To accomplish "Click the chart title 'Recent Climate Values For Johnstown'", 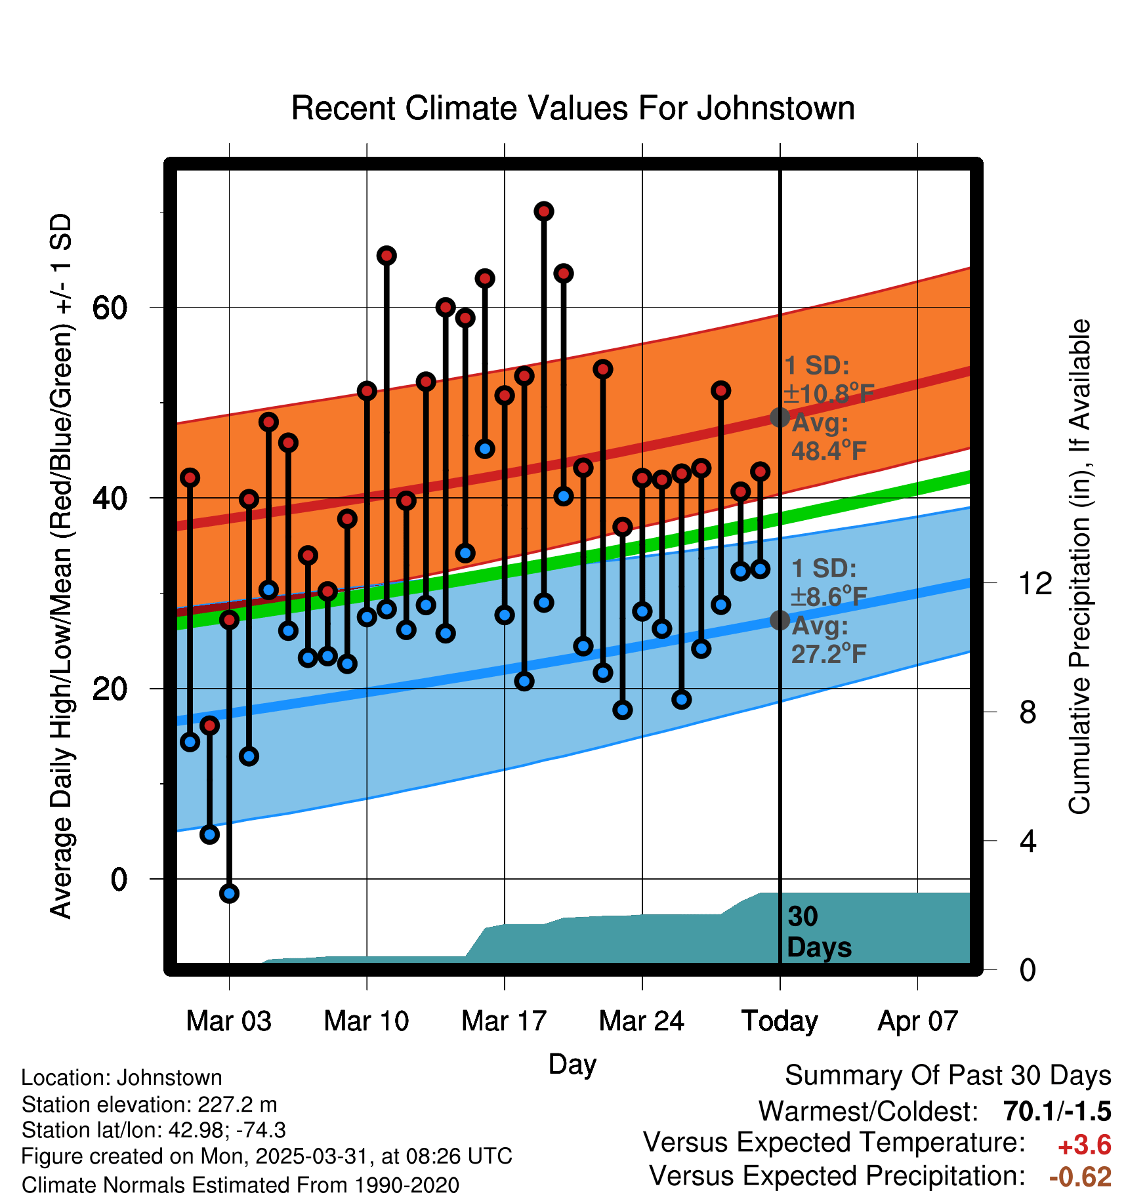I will (x=573, y=108).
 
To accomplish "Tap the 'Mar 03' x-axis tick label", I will (x=228, y=1021).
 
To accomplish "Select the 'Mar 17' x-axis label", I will (x=504, y=1021).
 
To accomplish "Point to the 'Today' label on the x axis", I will (x=780, y=1021).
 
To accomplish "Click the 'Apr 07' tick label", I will (x=918, y=1021).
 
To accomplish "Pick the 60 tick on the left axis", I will (x=110, y=308).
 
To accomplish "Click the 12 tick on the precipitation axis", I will (x=1035, y=583).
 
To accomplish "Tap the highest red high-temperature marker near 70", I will (x=544, y=211).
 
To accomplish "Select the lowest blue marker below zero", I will (x=229, y=893).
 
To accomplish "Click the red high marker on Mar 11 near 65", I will (x=386, y=256).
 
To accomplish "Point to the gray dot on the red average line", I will (x=780, y=417).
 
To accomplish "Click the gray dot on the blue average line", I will (x=780, y=620).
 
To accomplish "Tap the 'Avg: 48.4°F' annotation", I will (x=828, y=437).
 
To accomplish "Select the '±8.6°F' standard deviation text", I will (x=828, y=597).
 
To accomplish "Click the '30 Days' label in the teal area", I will (x=818, y=932).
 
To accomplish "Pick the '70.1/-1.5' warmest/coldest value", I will (x=1057, y=1111).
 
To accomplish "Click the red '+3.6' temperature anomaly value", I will (x=1084, y=1145).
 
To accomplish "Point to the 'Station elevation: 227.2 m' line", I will (x=150, y=1105).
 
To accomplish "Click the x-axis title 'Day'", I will (x=572, y=1064).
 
